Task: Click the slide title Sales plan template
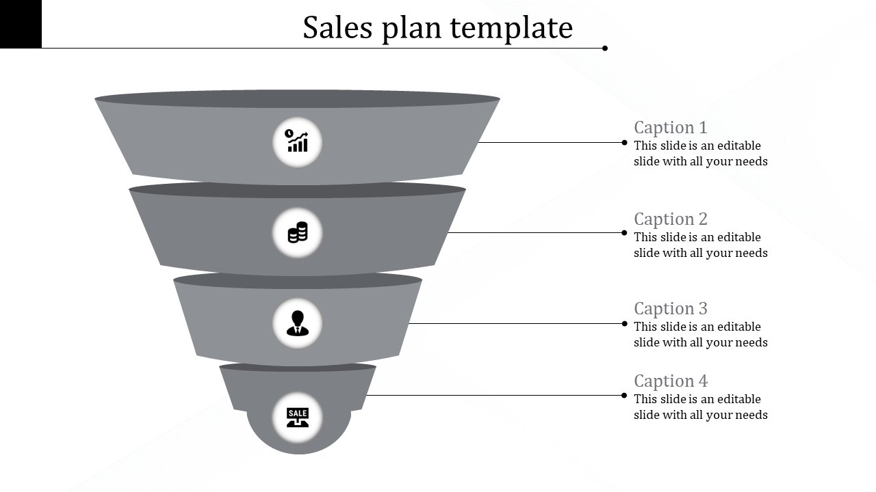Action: (437, 28)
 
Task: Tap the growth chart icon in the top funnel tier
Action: (297, 142)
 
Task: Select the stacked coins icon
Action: (297, 233)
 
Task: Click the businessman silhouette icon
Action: (297, 323)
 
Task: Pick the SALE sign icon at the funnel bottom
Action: (298, 417)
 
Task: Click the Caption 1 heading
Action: (670, 128)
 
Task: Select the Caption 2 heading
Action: (670, 219)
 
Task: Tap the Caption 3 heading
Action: (670, 309)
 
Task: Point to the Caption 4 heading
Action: (670, 381)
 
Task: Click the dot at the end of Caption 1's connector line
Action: (624, 142)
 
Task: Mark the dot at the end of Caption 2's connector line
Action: (624, 233)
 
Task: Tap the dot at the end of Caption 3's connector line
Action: (624, 323)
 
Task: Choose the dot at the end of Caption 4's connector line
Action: (624, 395)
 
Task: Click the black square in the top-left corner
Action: (21, 24)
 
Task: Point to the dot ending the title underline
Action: (605, 48)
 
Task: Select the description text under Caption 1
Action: (700, 154)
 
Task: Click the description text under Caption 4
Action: (700, 407)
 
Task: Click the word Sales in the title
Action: (337, 28)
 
